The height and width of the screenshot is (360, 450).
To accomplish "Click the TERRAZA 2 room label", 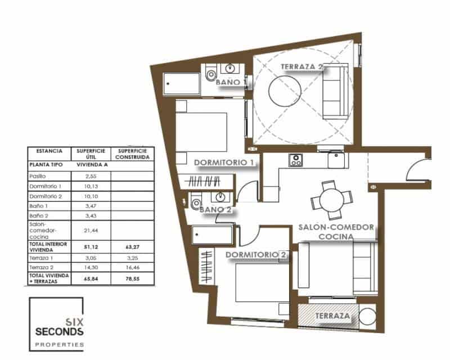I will [x=301, y=67].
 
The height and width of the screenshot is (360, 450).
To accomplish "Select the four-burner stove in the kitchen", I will [x=296, y=160].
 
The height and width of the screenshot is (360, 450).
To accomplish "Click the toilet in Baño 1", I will [x=211, y=73].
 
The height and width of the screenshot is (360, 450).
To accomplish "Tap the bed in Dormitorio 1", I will [x=201, y=131].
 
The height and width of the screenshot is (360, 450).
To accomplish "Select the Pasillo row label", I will [x=38, y=176].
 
